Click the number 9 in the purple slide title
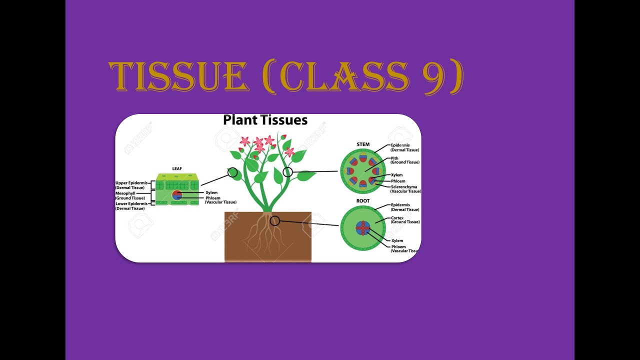pos(434,77)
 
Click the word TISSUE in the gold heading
pos(178,77)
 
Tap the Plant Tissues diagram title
pos(265,120)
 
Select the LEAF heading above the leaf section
pos(177,169)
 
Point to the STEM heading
pos(363,145)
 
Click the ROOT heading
pos(363,201)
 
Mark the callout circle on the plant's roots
pos(274,220)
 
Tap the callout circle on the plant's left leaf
pos(232,172)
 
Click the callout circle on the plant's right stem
pos(287,172)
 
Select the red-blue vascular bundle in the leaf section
pos(177,195)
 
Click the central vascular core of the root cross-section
pos(362,228)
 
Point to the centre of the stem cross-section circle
pos(363,171)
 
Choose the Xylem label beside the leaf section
pos(211,192)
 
